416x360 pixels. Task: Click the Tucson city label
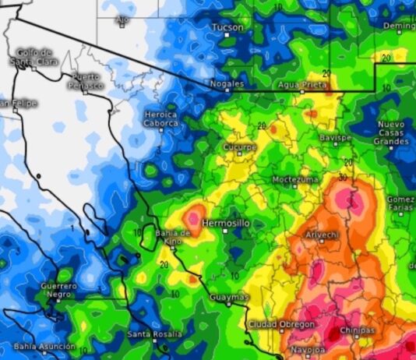(227, 26)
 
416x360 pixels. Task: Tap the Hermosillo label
(226, 223)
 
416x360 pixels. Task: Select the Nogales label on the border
(227, 83)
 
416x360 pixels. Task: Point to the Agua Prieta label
(303, 83)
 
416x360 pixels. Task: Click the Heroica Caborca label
(161, 118)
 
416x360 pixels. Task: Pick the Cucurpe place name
(239, 146)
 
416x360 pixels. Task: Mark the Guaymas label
(229, 297)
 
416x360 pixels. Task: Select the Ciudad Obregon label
(281, 324)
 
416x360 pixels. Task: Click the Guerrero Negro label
(59, 291)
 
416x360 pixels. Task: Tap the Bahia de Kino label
(173, 238)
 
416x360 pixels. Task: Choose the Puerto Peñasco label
(86, 80)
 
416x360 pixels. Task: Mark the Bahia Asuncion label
(44, 346)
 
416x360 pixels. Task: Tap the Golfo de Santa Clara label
(33, 56)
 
